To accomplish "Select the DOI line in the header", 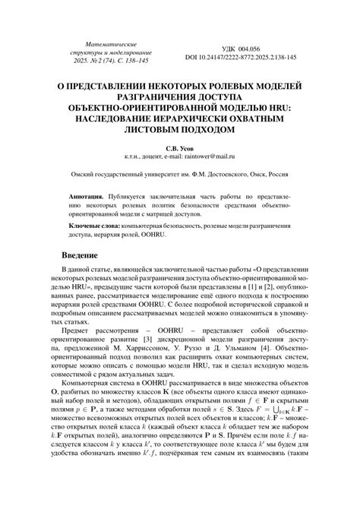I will click(x=241, y=57).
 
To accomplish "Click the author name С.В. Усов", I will click(x=179, y=150).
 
